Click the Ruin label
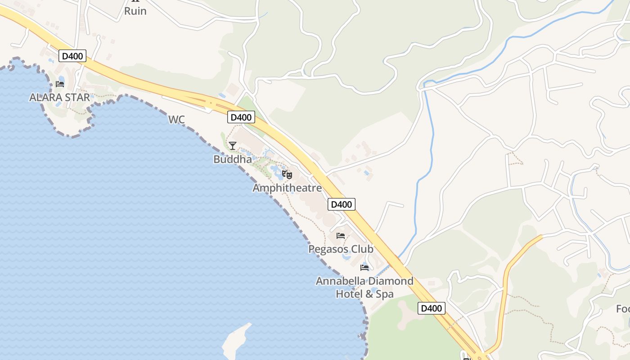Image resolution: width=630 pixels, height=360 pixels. (135, 11)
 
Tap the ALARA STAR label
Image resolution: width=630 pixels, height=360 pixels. (59, 97)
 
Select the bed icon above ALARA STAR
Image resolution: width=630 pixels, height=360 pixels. (60, 84)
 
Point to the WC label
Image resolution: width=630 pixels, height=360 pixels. (176, 120)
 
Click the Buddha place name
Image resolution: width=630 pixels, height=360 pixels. (233, 159)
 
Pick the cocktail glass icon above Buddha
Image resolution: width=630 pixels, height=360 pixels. (233, 146)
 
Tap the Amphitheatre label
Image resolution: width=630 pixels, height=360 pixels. (287, 188)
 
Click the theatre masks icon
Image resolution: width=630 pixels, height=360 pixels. (287, 175)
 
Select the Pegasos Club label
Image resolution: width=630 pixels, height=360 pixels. (341, 249)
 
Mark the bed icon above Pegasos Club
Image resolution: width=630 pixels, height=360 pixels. (341, 236)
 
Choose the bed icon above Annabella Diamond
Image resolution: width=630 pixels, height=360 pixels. (364, 268)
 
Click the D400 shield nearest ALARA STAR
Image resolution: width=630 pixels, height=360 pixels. (72, 56)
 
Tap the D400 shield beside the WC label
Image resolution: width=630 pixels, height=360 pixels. (241, 117)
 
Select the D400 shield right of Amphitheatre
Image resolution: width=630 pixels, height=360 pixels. (341, 204)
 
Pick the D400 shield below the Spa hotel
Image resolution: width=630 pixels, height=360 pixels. (431, 308)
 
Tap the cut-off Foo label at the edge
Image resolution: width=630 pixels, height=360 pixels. (623, 309)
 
